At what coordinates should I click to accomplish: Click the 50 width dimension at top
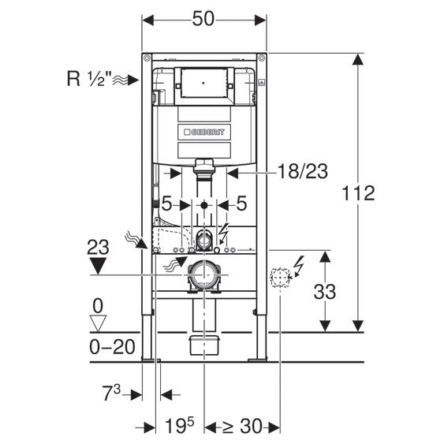tap(203, 20)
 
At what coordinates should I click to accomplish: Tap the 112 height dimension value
tap(358, 193)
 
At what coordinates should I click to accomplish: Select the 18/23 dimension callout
tap(303, 171)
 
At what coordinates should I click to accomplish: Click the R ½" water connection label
tap(88, 78)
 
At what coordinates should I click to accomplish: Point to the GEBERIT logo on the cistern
tap(204, 132)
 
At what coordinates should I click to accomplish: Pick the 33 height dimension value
tap(324, 292)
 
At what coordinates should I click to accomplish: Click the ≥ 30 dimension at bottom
tap(242, 426)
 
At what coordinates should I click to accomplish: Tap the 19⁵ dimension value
tap(180, 425)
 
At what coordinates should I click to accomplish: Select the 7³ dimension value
tap(111, 393)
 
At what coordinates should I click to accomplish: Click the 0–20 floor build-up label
tap(112, 347)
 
